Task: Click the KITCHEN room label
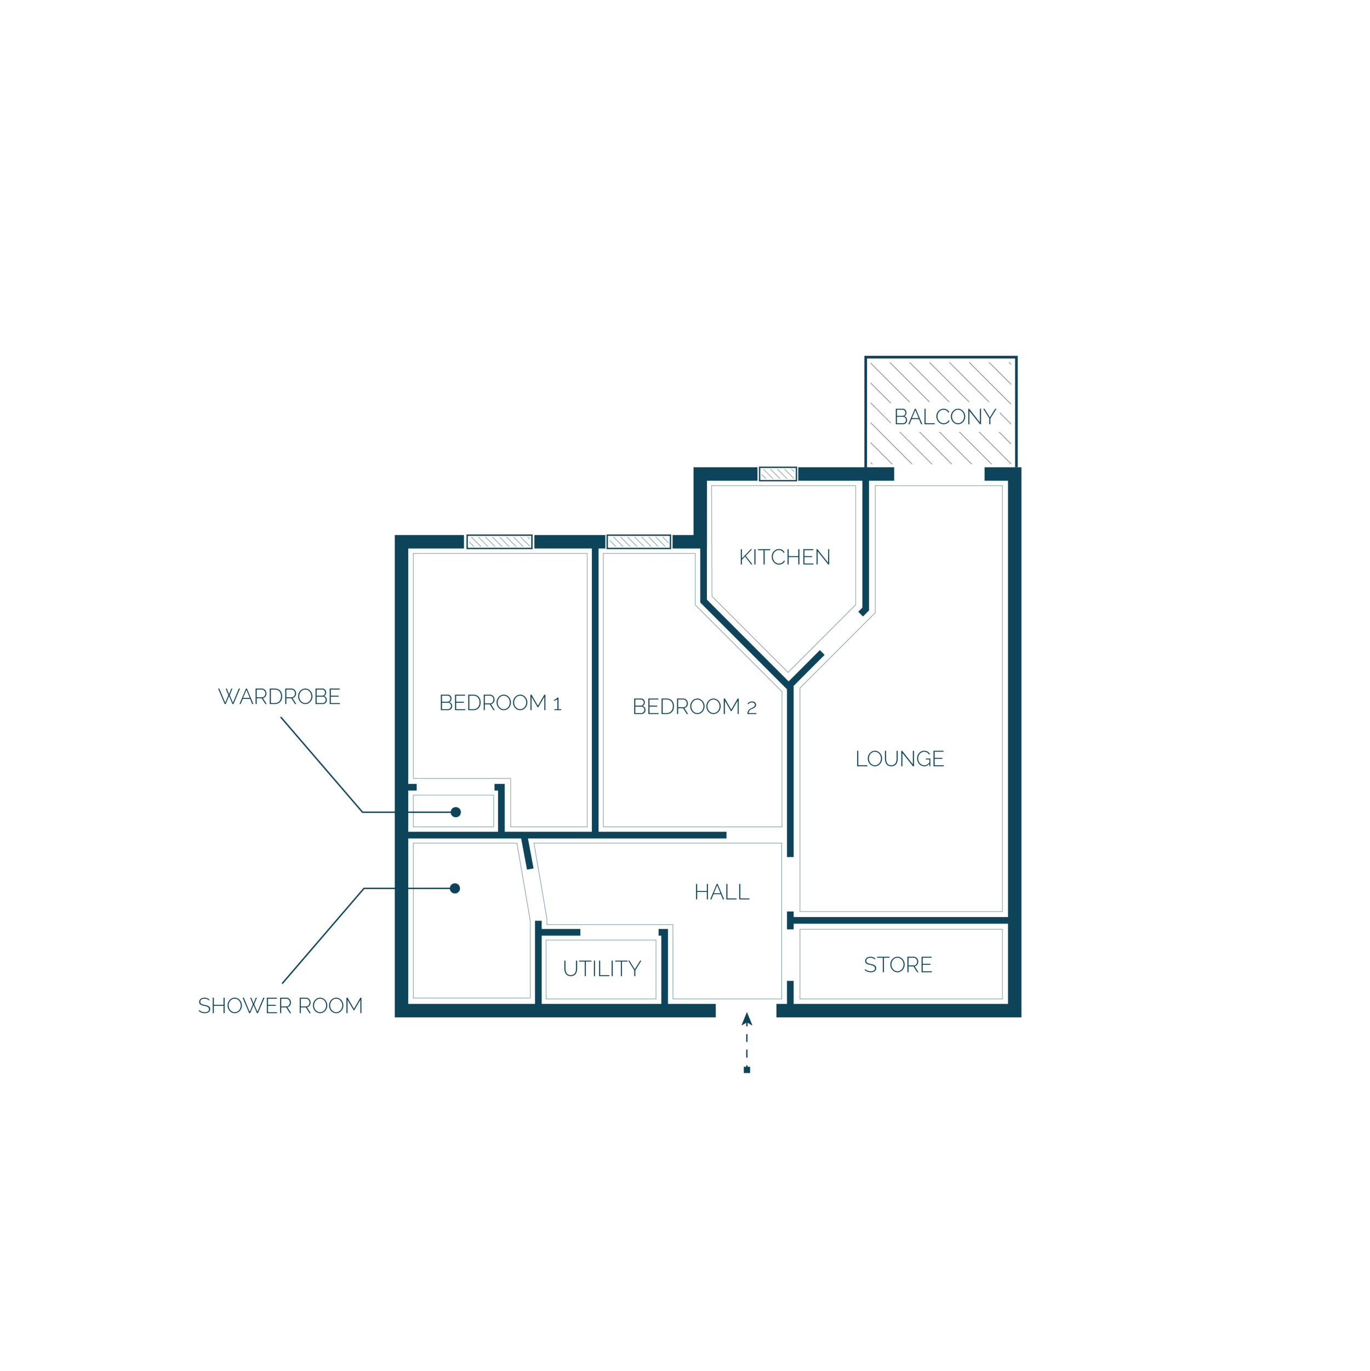(784, 557)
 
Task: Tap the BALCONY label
(944, 417)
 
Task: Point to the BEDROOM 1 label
(500, 703)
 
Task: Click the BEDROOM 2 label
(694, 706)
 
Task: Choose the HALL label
(722, 892)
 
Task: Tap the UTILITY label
(602, 968)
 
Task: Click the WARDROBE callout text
(279, 696)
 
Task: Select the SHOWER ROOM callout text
(280, 1005)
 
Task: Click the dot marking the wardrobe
(455, 812)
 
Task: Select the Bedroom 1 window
(499, 542)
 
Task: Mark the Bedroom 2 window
(638, 542)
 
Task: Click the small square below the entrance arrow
(746, 1070)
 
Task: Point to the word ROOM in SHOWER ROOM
(330, 1005)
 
